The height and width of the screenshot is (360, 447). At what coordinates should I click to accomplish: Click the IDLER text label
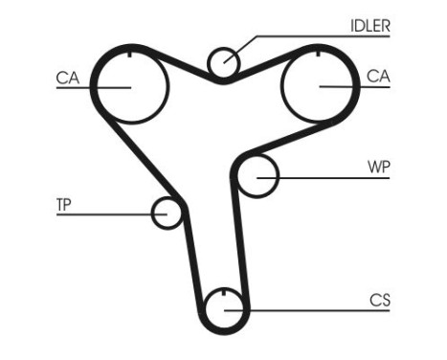[x=370, y=27]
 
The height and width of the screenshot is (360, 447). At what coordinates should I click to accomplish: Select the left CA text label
[x=67, y=77]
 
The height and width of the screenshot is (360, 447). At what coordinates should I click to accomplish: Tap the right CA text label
[x=378, y=76]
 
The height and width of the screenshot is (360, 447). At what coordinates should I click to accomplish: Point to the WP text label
[x=379, y=166]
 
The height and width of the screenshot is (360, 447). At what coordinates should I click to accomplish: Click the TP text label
[x=64, y=204]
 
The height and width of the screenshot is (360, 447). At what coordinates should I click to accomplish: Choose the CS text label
[x=380, y=300]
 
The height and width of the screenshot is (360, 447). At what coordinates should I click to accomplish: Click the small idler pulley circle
[x=224, y=62]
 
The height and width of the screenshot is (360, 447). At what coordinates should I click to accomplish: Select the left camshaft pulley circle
[x=130, y=86]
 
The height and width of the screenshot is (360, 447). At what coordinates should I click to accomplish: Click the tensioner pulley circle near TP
[x=168, y=212]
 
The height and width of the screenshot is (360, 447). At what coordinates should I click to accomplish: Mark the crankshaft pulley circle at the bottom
[x=224, y=308]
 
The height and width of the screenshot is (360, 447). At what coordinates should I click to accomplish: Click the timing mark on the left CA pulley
[x=130, y=55]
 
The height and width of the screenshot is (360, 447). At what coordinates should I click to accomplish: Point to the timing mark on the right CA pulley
[x=317, y=55]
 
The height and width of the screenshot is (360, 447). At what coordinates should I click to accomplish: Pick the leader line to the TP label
[x=105, y=213]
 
